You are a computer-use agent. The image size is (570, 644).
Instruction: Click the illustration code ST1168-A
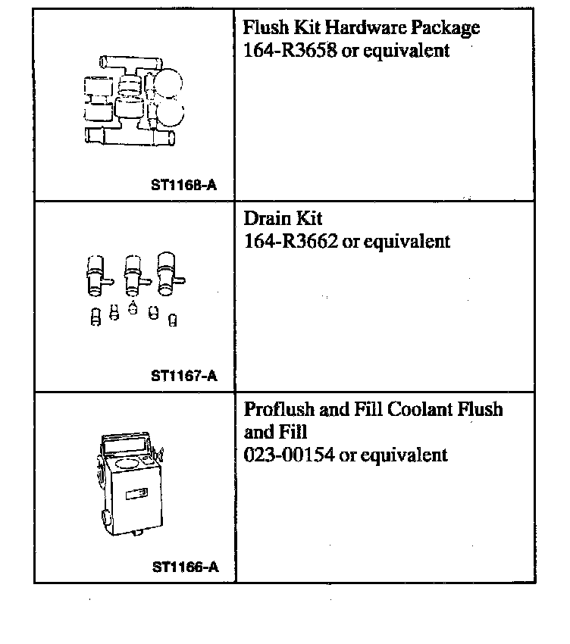coord(184,185)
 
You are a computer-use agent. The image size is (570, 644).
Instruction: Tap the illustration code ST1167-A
coord(184,375)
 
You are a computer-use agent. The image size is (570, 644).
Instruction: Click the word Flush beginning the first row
coord(263,29)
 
